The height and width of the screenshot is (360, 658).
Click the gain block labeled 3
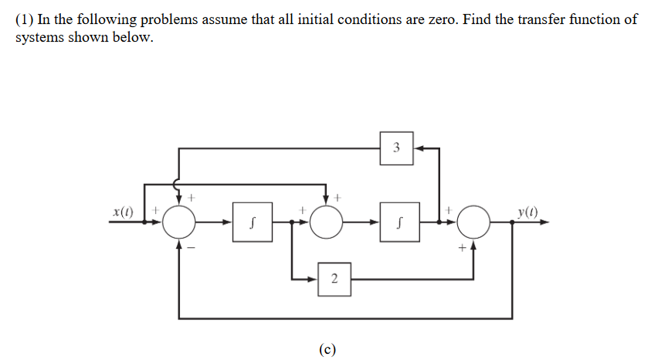pos(396,148)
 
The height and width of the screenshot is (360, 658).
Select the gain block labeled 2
pos(334,278)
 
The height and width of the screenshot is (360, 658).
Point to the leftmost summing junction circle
pos(180,223)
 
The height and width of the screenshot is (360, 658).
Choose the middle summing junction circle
pos(327,223)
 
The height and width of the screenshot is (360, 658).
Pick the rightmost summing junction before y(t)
pos(473,223)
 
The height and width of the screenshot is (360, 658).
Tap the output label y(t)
pos(529,211)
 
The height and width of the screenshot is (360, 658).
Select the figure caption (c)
pos(327,348)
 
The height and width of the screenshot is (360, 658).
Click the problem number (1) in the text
pos(25,20)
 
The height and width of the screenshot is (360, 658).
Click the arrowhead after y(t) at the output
pos(546,223)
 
